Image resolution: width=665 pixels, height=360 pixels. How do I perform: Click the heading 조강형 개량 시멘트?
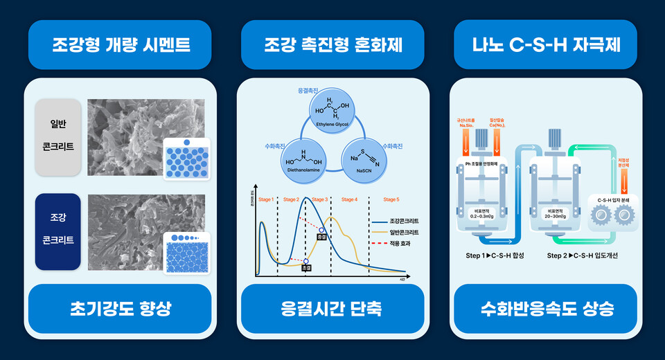pyautogui.click(x=121, y=46)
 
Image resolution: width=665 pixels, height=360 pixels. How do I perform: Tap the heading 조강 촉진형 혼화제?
pyautogui.click(x=332, y=46)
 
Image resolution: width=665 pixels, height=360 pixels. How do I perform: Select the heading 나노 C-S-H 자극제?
pyautogui.click(x=545, y=46)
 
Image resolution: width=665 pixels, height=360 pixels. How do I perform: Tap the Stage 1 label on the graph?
pyautogui.click(x=266, y=199)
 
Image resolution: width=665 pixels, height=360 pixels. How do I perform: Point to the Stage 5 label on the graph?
pyautogui.click(x=391, y=199)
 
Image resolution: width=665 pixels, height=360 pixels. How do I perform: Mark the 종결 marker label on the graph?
pyautogui.click(x=321, y=237)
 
